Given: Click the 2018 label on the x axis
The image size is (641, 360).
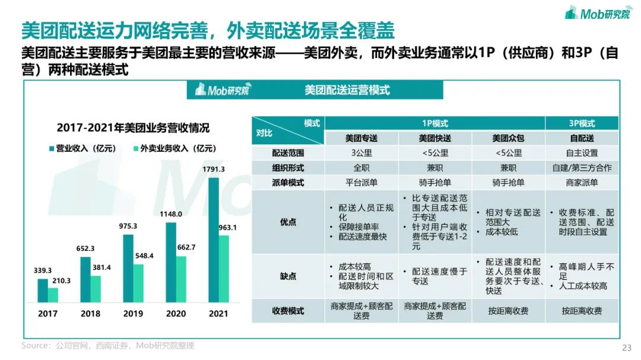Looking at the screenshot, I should coord(90,313).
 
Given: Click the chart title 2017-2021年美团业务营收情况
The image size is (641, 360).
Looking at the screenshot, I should coord(133,128).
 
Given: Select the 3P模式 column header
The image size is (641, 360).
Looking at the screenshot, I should coord(582,123).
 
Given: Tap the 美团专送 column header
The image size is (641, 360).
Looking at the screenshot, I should coord(361,138).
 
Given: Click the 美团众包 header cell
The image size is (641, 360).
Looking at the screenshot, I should coord(509,138).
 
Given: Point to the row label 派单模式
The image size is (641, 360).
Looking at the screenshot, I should coord(288,183).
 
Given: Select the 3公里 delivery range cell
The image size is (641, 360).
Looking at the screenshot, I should coord(361,153).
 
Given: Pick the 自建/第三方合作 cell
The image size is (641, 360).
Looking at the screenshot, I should coord(582,168).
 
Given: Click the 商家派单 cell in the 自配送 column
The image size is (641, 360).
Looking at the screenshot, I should coord(582,183).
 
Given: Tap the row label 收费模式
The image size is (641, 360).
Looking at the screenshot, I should coord(288,311).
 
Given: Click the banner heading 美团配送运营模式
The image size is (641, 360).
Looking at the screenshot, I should coord(347,90).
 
